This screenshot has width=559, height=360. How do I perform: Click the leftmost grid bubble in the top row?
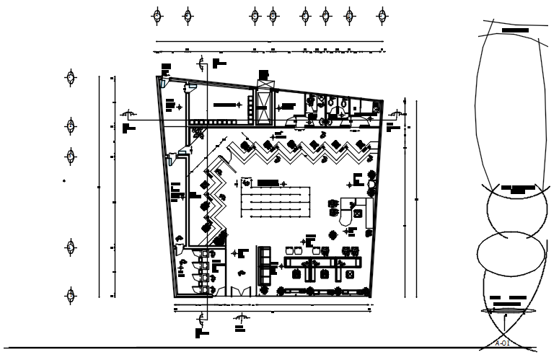click(x=157, y=15)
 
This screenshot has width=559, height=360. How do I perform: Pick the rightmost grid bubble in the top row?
click(x=381, y=15)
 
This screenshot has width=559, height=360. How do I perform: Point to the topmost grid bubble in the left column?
click(x=71, y=78)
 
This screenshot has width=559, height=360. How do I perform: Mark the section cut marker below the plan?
click(x=201, y=318)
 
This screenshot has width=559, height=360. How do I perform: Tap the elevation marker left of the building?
click(x=128, y=114)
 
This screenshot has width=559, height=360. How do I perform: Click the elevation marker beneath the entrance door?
click(x=241, y=317)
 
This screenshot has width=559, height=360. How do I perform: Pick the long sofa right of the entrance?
click(x=264, y=265)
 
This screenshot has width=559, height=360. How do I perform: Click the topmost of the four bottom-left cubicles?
click(x=204, y=255)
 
